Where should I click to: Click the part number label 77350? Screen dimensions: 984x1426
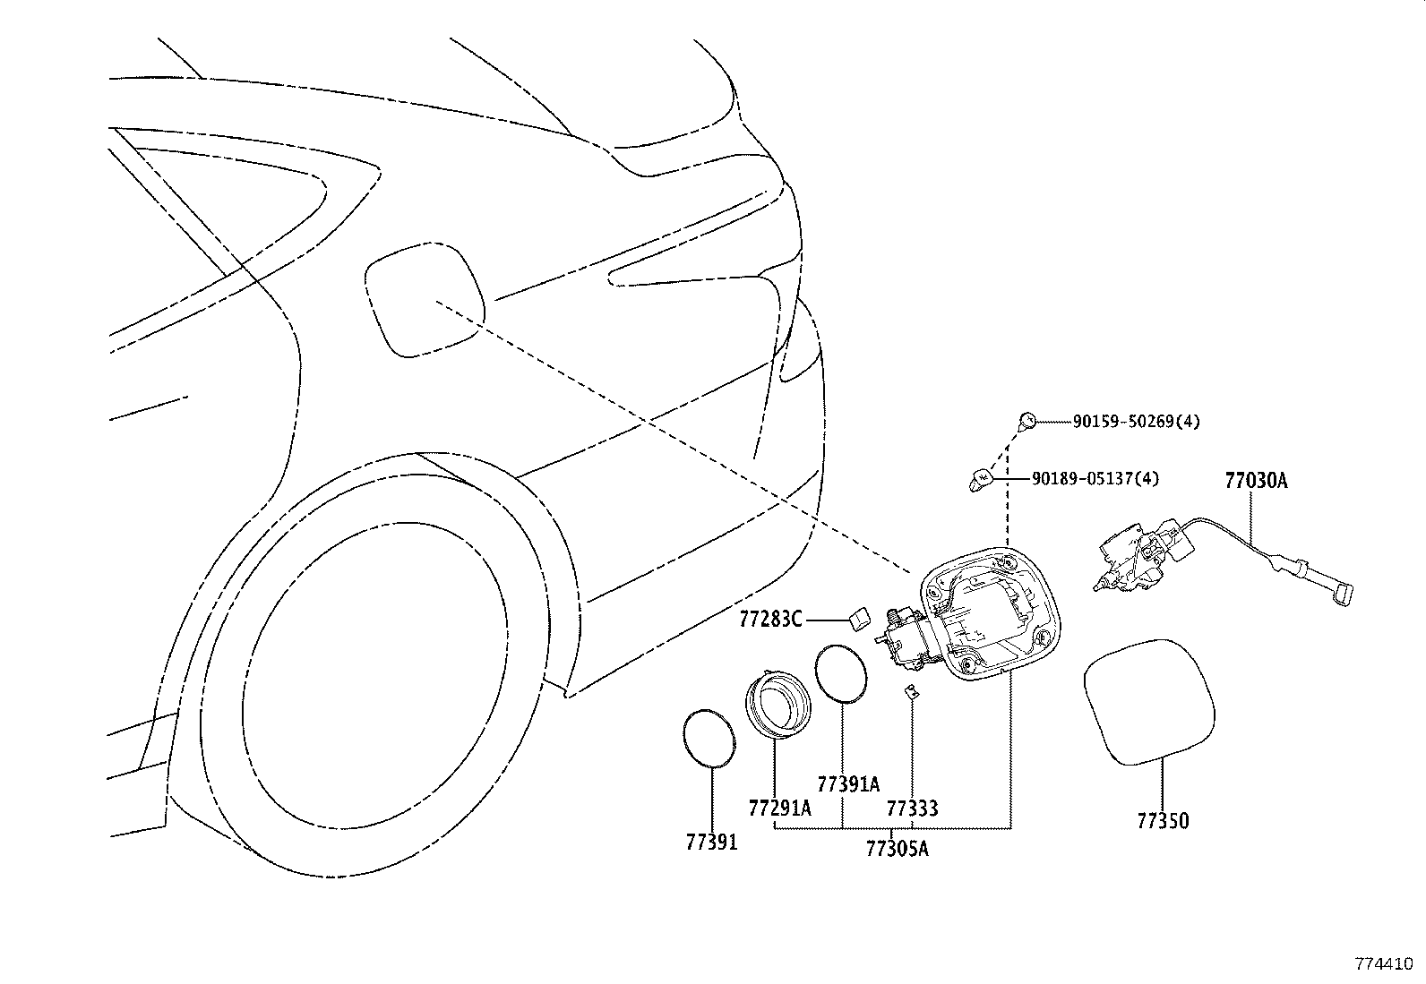click(x=1163, y=820)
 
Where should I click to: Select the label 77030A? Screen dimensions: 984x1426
click(x=1256, y=481)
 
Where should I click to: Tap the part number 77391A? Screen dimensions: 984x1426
click(x=848, y=785)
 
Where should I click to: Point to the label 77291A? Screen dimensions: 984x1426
click(x=779, y=809)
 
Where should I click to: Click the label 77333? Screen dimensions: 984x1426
click(x=912, y=809)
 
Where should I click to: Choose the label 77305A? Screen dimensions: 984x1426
click(x=897, y=848)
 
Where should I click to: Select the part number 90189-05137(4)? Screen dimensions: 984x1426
click(x=1095, y=479)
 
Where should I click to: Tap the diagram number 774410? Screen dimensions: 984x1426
click(x=1383, y=964)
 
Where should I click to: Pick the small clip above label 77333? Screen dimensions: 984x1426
click(x=911, y=689)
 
